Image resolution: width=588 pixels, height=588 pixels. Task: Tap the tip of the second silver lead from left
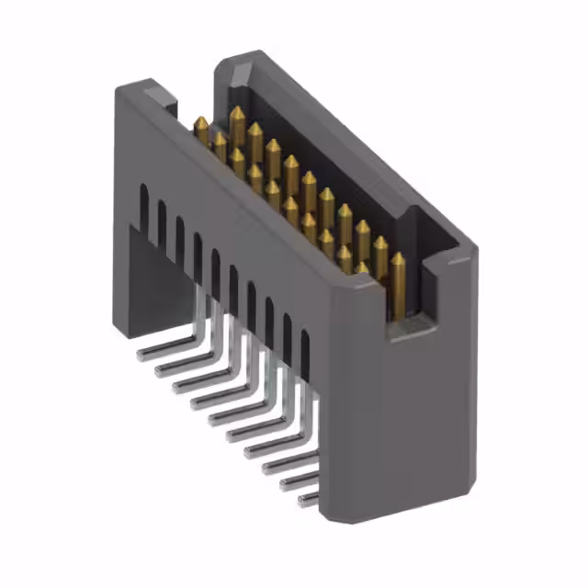pyautogui.click(x=158, y=368)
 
